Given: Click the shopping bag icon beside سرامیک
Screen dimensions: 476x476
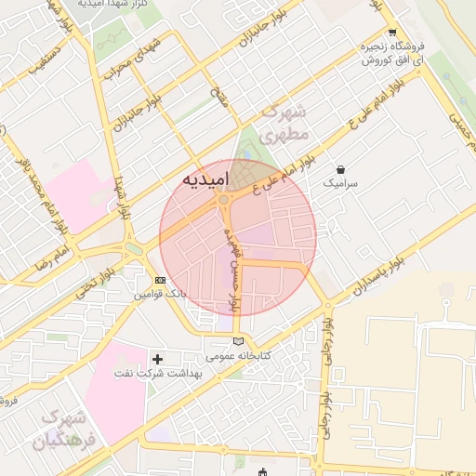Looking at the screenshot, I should tap(342, 170).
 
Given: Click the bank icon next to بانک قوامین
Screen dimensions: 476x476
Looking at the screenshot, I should tap(160, 280).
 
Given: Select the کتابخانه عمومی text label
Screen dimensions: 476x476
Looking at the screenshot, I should tap(240, 356).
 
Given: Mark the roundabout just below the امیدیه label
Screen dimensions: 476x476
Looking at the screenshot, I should tap(223, 200).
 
